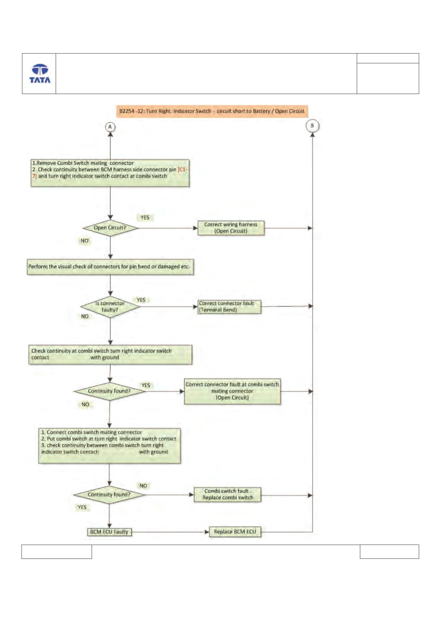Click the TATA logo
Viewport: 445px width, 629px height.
click(40, 73)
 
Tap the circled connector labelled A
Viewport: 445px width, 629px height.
click(110, 127)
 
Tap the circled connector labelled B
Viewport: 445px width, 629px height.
click(312, 126)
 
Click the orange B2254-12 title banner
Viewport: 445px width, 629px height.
click(212, 111)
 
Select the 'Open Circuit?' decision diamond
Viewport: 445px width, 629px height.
click(110, 228)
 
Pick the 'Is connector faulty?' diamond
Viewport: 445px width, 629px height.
click(110, 307)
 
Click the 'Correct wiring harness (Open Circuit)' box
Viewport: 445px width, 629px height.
click(231, 228)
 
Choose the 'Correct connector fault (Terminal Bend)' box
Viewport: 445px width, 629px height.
click(229, 307)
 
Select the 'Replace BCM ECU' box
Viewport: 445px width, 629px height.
click(235, 532)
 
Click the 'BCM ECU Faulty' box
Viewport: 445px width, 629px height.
click(109, 532)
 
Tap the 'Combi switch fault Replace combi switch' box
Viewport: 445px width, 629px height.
click(227, 495)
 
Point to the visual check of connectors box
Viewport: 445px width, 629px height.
click(110, 267)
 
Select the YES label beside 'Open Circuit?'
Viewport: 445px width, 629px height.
click(145, 217)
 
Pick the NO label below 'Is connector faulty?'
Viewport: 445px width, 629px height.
click(84, 316)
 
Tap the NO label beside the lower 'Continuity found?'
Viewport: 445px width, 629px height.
click(143, 486)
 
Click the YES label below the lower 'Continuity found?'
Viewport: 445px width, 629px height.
click(82, 507)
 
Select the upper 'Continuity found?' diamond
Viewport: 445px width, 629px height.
click(109, 391)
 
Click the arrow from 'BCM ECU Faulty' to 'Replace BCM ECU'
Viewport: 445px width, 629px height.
click(170, 532)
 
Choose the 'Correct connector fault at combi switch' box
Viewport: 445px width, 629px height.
click(232, 391)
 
